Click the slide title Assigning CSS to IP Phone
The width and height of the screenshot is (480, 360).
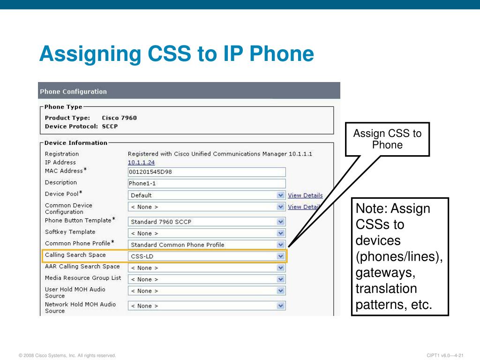176,54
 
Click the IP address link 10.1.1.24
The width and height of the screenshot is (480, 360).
141,162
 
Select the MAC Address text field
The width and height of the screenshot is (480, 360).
207,172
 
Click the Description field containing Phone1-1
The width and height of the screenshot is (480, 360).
207,183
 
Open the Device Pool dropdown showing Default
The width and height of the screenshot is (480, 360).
207,195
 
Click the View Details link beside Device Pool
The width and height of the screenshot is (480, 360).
305,195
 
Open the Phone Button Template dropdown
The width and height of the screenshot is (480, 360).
207,222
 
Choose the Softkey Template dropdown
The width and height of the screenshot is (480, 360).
207,233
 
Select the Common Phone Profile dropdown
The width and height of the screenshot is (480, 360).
207,245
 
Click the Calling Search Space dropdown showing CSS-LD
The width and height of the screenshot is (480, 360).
207,256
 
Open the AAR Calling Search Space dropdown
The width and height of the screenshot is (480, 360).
207,268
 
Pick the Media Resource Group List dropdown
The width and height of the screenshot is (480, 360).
207,279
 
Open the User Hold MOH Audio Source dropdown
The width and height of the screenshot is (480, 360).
207,291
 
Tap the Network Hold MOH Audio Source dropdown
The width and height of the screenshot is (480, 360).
207,306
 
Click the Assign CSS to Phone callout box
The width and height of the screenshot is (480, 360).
387,139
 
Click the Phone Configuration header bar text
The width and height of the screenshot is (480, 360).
73,91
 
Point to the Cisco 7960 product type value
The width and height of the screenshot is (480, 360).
119,118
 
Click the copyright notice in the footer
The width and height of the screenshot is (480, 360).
67,356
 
